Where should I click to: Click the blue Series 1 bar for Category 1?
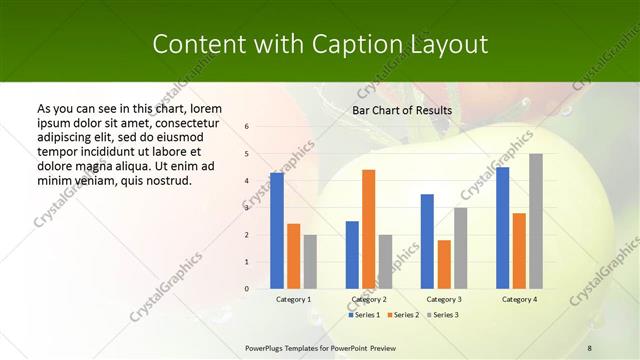(277, 231)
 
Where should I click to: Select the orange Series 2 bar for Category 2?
(369, 229)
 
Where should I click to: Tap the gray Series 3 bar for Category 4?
(536, 221)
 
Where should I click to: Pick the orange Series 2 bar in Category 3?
(444, 264)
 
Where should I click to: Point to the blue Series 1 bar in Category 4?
(502, 228)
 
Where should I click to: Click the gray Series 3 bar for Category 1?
(310, 262)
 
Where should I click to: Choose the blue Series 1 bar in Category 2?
(352, 255)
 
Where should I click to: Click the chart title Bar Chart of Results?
(402, 110)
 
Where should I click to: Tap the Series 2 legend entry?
(402, 315)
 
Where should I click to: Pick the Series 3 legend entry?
(441, 315)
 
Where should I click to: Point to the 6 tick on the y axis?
(247, 127)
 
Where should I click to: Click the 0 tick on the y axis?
(247, 289)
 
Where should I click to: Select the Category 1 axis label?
(293, 299)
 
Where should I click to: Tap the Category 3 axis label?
(444, 299)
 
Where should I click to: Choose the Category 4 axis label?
(519, 299)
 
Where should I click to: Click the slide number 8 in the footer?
(589, 347)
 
